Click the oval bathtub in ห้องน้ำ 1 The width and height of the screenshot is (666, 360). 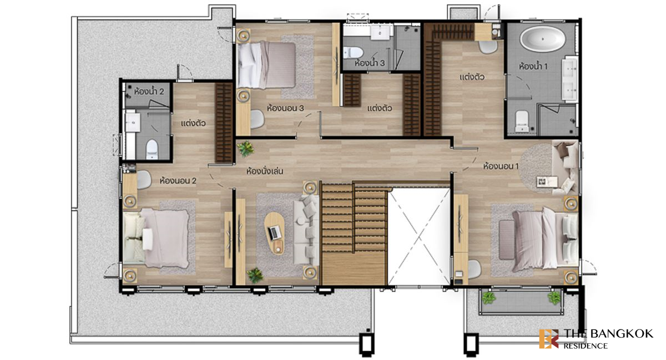(x=543, y=39)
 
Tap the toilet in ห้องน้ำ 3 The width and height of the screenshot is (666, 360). (x=353, y=52)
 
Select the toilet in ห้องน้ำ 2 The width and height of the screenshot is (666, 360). (x=152, y=149)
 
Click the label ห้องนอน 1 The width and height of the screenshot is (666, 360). (x=501, y=166)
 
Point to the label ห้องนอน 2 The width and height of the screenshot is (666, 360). (x=178, y=180)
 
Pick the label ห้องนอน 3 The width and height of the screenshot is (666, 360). (x=285, y=108)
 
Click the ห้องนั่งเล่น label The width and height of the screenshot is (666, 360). (x=265, y=171)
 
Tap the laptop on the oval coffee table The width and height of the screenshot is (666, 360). (x=274, y=232)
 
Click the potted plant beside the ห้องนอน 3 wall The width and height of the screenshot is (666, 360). (x=245, y=148)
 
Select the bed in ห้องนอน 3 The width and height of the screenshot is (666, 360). (x=267, y=65)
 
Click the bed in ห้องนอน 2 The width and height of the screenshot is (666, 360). (x=157, y=238)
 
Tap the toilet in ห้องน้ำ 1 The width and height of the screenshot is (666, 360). (x=522, y=121)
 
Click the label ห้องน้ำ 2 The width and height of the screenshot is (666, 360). (x=149, y=92)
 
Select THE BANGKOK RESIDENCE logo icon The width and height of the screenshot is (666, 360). (x=549, y=338)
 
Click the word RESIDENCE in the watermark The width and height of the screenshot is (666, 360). (x=586, y=346)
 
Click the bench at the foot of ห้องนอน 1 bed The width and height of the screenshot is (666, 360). (x=507, y=240)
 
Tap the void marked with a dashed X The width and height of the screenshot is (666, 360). (x=418, y=237)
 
